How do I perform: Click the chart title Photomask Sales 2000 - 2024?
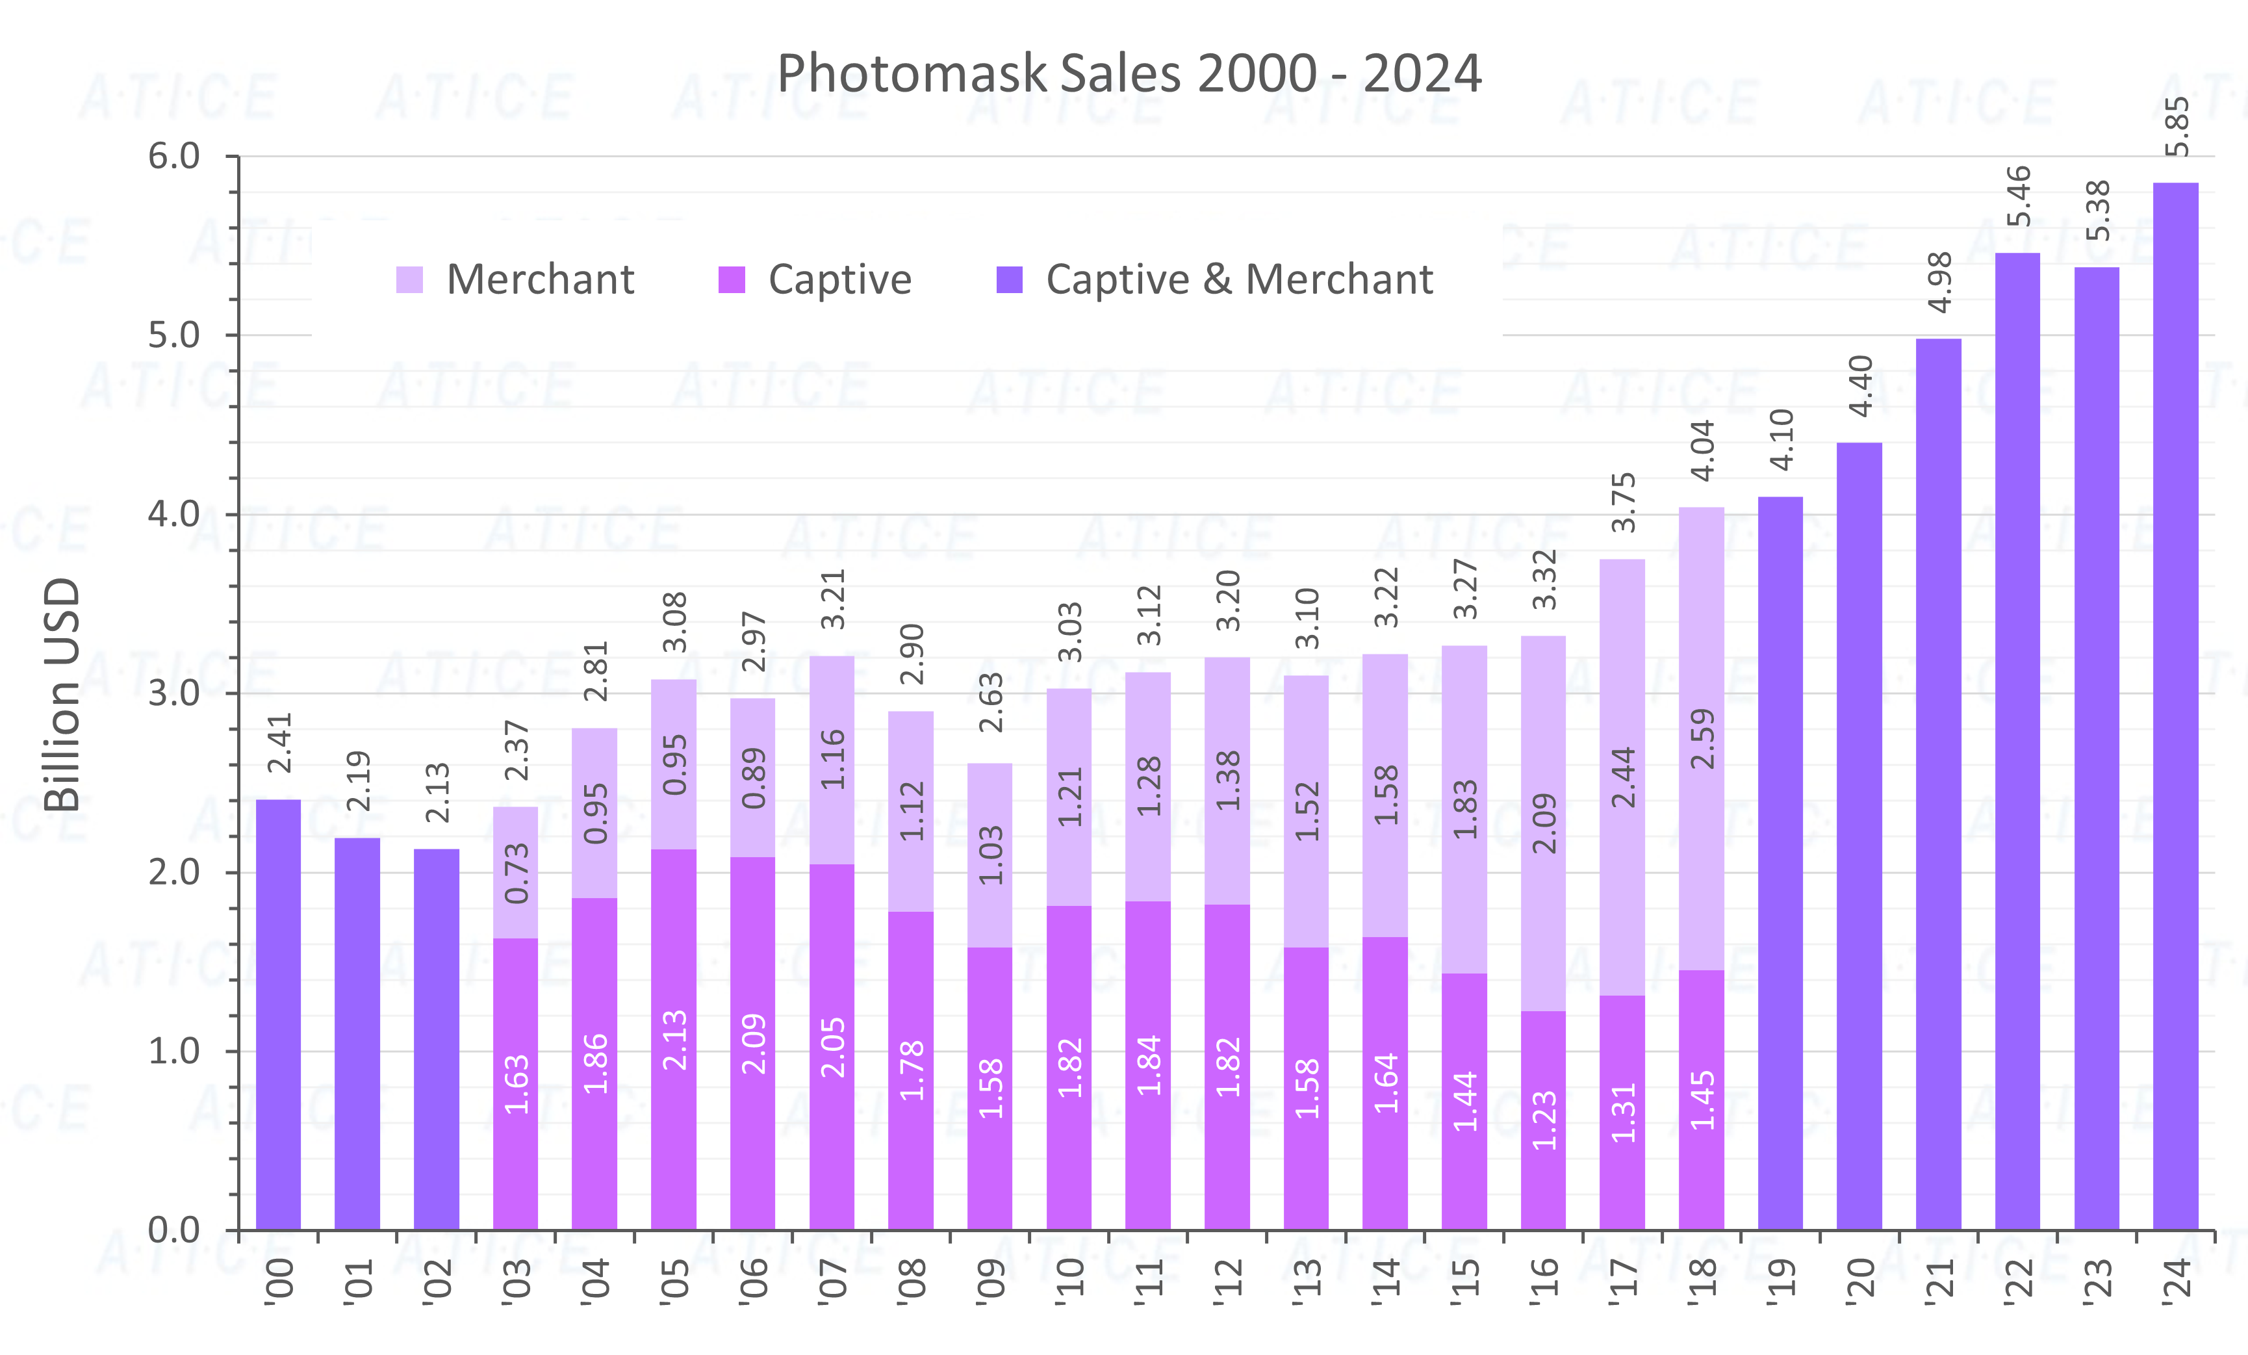pyautogui.click(x=1129, y=73)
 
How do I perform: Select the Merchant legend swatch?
pyautogui.click(x=409, y=279)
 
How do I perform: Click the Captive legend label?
pyautogui.click(x=839, y=279)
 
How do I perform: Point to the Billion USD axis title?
pyautogui.click(x=62, y=693)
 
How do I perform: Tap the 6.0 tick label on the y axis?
pyautogui.click(x=173, y=156)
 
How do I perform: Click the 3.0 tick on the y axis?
pyautogui.click(x=173, y=693)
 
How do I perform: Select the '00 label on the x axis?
pyautogui.click(x=279, y=1281)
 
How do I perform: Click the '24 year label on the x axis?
pyautogui.click(x=2177, y=1281)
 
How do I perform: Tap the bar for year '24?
pyautogui.click(x=2175, y=712)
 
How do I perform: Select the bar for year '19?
pyautogui.click(x=1780, y=867)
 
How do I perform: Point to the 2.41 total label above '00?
pyautogui.click(x=279, y=743)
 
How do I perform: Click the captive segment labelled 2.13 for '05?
pyautogui.click(x=673, y=1040)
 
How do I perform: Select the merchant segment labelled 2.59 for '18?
pyautogui.click(x=1702, y=739)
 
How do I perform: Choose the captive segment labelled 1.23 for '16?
pyautogui.click(x=1544, y=1120)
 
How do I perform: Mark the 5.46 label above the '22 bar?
pyautogui.click(x=2018, y=196)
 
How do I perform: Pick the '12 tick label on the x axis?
pyautogui.click(x=1227, y=1281)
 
